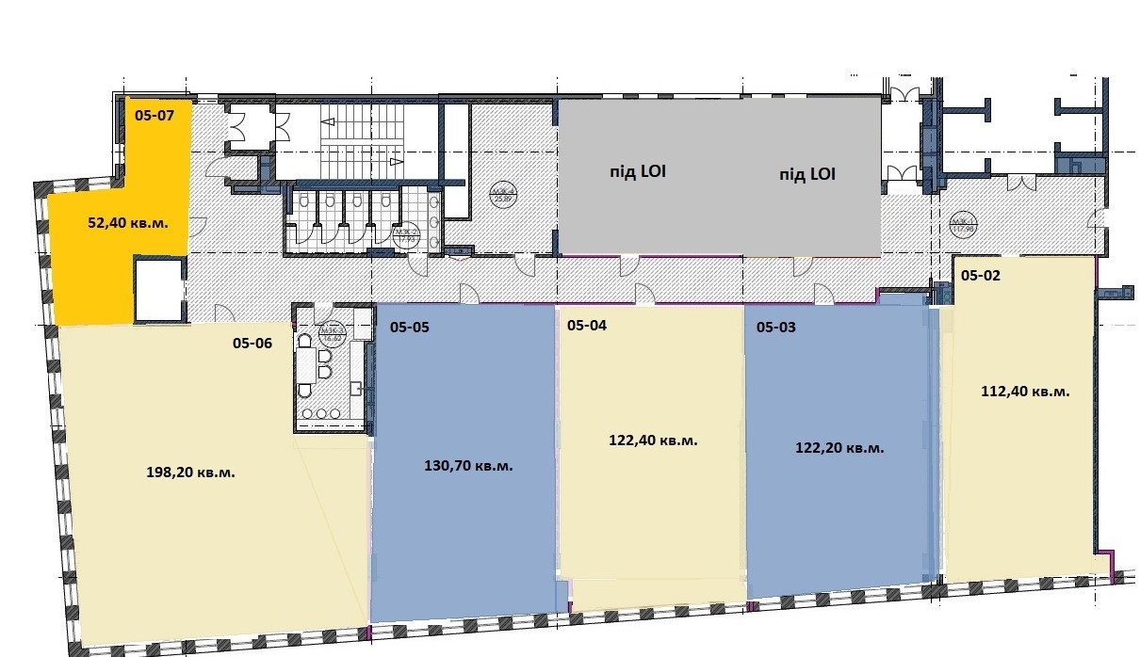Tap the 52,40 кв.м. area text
[122, 225]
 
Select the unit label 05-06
[252, 344]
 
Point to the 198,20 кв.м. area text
[191, 473]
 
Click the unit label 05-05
[409, 328]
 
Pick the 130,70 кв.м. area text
[469, 466]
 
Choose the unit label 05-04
[587, 326]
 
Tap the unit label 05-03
[776, 328]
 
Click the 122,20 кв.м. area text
[839, 449]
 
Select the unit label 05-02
[981, 276]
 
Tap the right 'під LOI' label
[807, 174]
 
